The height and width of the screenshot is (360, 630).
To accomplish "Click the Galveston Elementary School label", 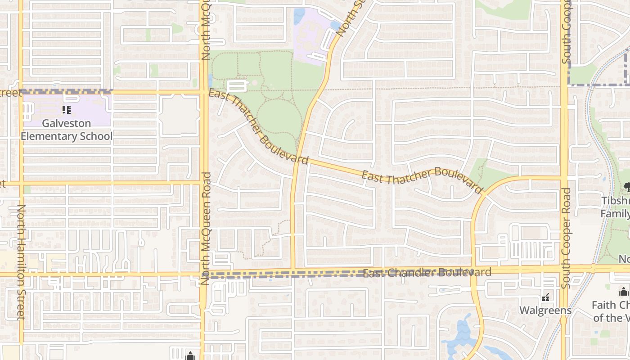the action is (x=67, y=130).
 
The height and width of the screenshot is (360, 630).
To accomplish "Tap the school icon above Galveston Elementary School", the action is (x=67, y=109).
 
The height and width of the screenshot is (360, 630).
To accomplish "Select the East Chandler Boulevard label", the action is (x=427, y=273).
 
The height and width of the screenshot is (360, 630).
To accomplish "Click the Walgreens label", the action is (x=545, y=310).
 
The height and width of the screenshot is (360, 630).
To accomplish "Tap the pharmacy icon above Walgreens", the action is (x=545, y=297).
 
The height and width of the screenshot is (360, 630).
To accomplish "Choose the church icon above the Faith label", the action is (x=624, y=292).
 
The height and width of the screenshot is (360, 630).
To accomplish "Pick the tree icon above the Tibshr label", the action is (x=626, y=186).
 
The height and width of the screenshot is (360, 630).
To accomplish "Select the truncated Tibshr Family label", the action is (x=615, y=207).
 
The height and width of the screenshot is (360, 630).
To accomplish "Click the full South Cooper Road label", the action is (x=566, y=238).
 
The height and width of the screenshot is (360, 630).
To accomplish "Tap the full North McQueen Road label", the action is (x=206, y=228).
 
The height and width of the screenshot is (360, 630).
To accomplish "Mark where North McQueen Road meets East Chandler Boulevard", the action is (x=203, y=273).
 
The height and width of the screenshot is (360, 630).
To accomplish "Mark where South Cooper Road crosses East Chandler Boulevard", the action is (x=564, y=270).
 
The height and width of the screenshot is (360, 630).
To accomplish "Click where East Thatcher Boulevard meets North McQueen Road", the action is (x=204, y=92).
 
